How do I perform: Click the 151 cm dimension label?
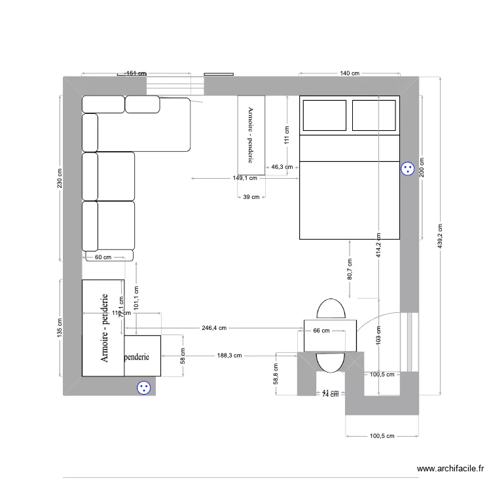[x=136, y=73]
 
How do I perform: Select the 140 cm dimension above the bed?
[x=351, y=73]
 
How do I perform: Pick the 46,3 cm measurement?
[x=282, y=167]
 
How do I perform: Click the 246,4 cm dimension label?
[x=213, y=327]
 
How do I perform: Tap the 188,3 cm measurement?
[x=229, y=356]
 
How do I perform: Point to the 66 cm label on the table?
[x=321, y=331]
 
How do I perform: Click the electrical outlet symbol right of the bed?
[x=408, y=169]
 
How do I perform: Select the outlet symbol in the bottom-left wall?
[x=143, y=388]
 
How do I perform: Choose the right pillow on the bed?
[x=374, y=116]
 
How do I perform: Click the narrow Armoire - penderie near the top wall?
[x=251, y=135]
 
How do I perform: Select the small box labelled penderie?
[x=142, y=357]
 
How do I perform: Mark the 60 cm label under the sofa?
[x=103, y=257]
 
